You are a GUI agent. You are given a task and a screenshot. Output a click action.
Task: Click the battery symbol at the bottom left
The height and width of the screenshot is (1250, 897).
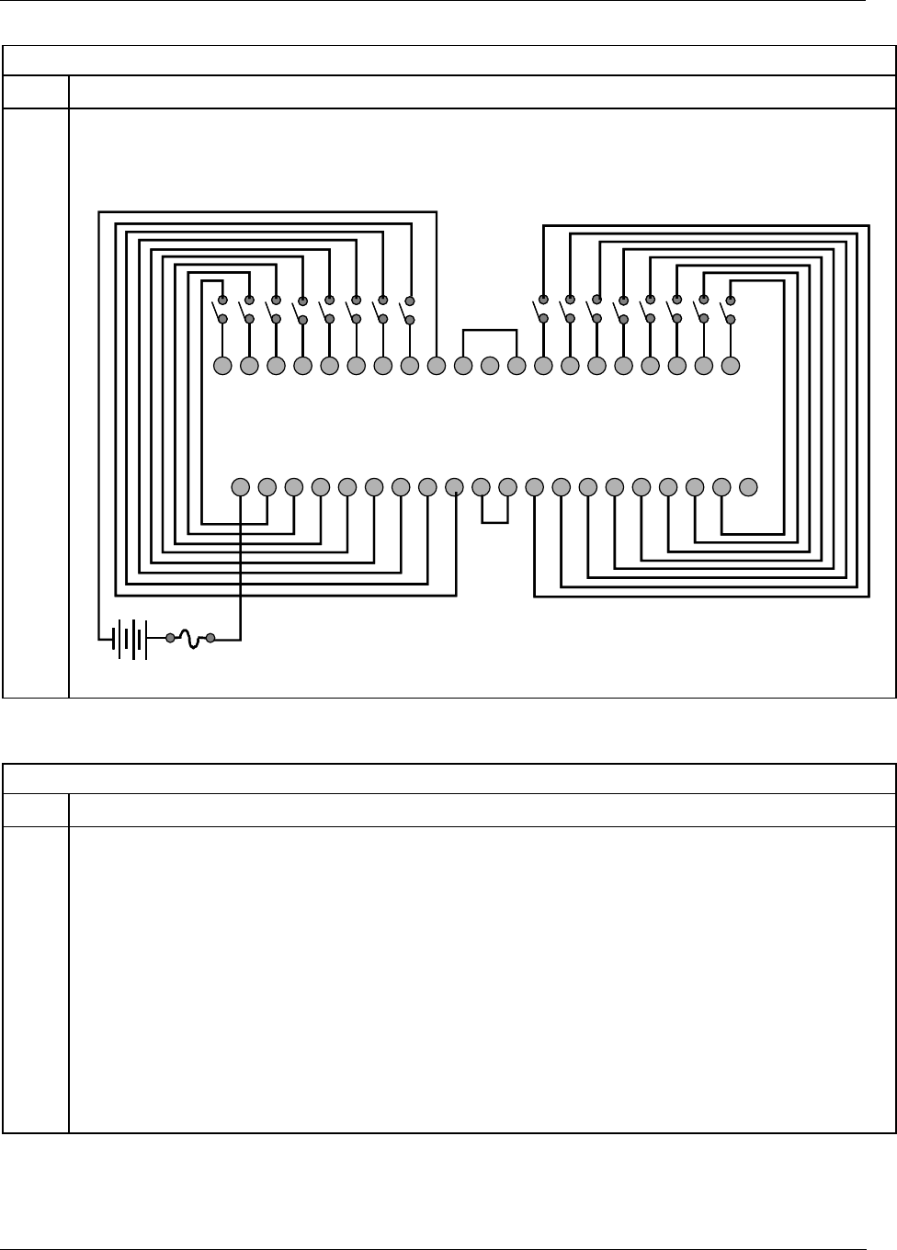pyautogui.click(x=129, y=637)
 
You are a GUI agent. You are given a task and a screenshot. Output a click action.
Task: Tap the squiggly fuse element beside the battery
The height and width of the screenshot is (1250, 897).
pyautogui.click(x=190, y=639)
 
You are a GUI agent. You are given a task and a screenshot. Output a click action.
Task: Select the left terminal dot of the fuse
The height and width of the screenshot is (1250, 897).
pyautogui.click(x=170, y=637)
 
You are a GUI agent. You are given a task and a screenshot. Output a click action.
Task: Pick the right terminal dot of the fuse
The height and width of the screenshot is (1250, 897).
pyautogui.click(x=210, y=637)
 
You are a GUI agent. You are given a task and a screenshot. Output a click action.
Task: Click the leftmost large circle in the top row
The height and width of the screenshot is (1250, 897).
pyautogui.click(x=222, y=366)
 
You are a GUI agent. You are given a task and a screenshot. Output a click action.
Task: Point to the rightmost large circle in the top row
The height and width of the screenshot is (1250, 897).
pyautogui.click(x=731, y=366)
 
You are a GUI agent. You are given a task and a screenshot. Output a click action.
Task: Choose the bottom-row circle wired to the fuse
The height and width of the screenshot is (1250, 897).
pyautogui.click(x=240, y=486)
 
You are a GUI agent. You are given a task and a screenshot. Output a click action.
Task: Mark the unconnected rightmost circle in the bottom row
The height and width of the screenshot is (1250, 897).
pyautogui.click(x=748, y=486)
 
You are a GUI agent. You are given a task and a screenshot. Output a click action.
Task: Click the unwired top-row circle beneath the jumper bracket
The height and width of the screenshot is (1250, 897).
pyautogui.click(x=490, y=366)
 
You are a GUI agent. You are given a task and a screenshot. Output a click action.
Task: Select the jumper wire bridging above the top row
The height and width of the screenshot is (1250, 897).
pyautogui.click(x=490, y=330)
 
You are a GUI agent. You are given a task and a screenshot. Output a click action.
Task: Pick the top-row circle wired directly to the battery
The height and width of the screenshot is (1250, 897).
pyautogui.click(x=437, y=366)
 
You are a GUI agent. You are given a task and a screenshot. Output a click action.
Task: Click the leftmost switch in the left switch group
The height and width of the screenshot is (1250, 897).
pyautogui.click(x=221, y=310)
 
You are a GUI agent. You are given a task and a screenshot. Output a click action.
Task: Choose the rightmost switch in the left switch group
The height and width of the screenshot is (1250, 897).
pyautogui.click(x=408, y=310)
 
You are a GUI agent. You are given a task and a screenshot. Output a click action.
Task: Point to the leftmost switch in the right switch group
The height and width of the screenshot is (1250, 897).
pyautogui.click(x=541, y=310)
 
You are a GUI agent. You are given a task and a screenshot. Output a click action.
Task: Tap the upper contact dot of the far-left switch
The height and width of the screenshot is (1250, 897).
pyautogui.click(x=222, y=300)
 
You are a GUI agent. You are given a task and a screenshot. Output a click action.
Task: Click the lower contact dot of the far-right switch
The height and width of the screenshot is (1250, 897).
pyautogui.click(x=731, y=319)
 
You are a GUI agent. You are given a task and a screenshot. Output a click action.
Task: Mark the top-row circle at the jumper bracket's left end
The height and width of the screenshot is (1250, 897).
pyautogui.click(x=463, y=366)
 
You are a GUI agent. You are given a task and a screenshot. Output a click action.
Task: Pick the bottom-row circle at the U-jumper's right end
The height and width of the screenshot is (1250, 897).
pyautogui.click(x=507, y=486)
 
